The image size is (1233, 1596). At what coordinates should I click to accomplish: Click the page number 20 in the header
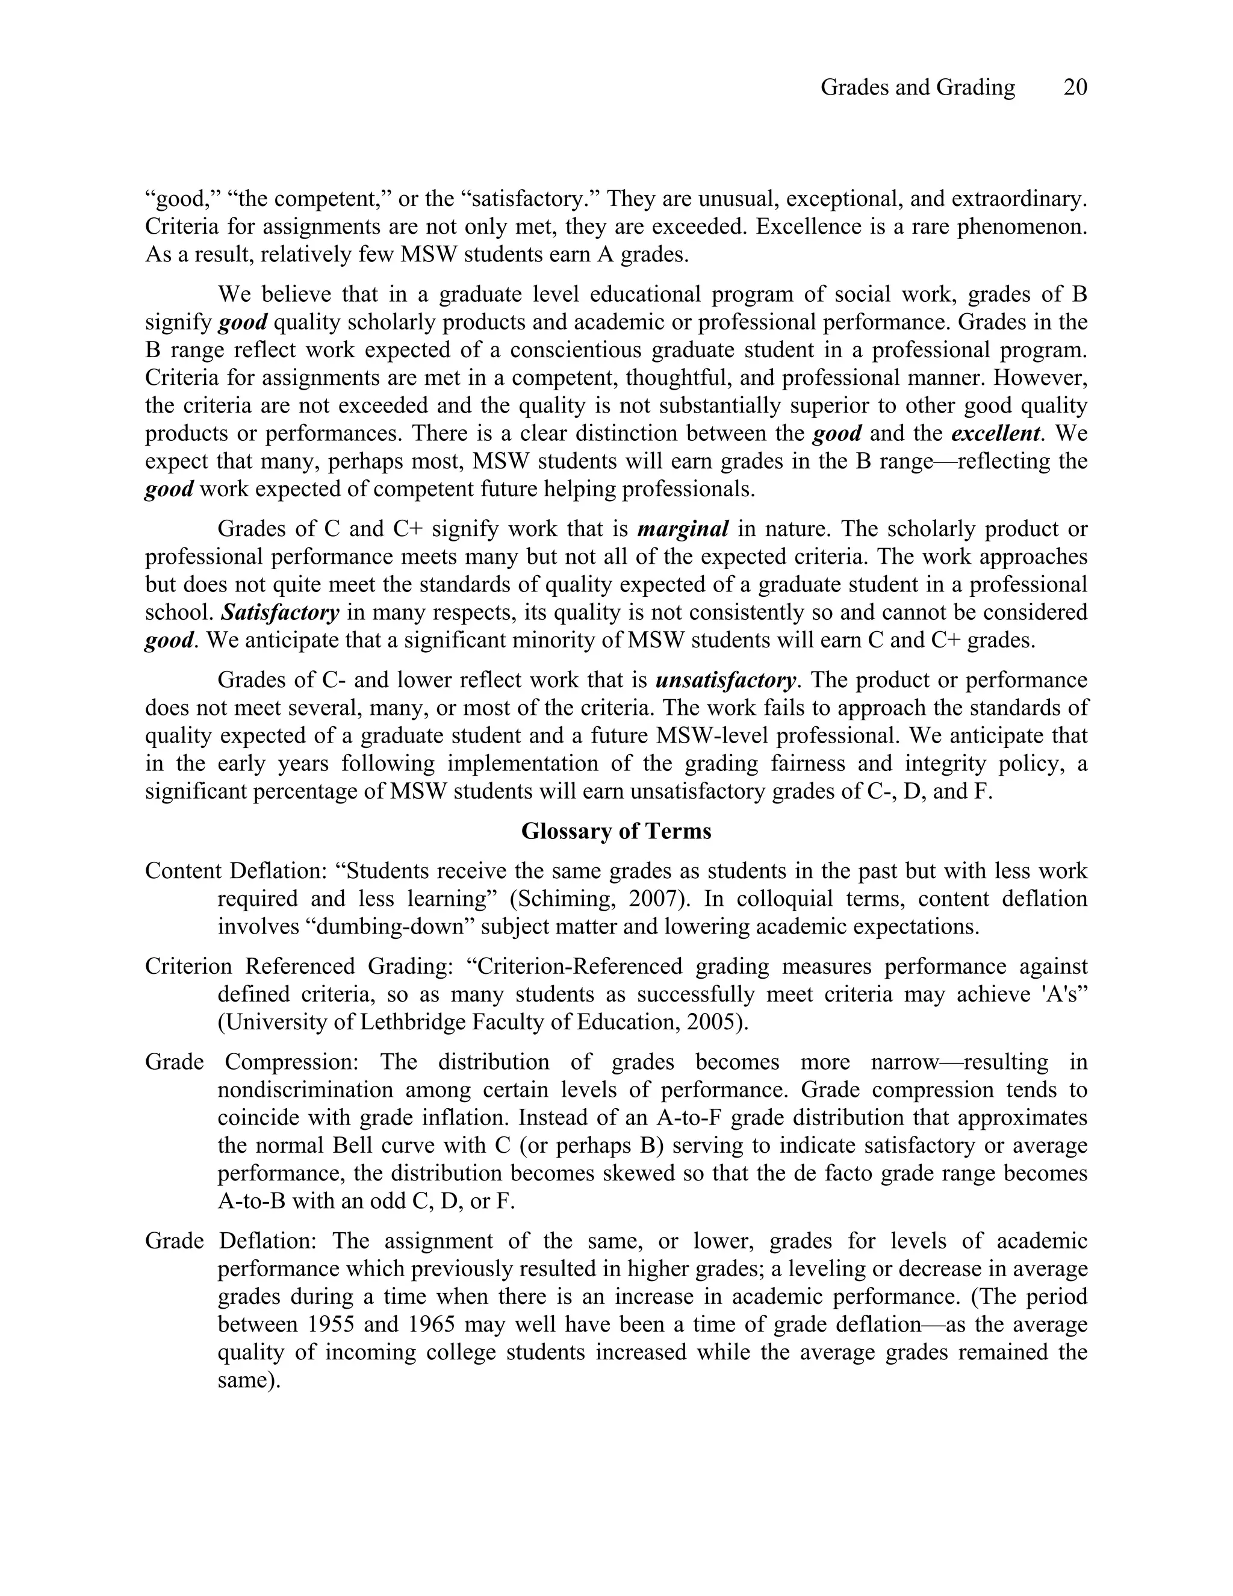[1075, 88]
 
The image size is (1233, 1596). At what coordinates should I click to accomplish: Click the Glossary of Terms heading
[616, 832]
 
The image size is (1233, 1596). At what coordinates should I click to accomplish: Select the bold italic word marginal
[683, 528]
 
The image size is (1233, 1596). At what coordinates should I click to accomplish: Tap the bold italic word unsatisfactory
[725, 681]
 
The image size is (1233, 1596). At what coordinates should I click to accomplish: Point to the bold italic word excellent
[996, 434]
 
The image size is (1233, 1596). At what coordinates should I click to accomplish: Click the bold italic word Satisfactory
[280, 613]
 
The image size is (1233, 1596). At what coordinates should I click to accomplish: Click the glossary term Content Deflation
[235, 871]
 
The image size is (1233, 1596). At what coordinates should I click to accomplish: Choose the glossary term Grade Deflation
[232, 1241]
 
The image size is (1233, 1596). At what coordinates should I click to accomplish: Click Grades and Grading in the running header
[918, 88]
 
